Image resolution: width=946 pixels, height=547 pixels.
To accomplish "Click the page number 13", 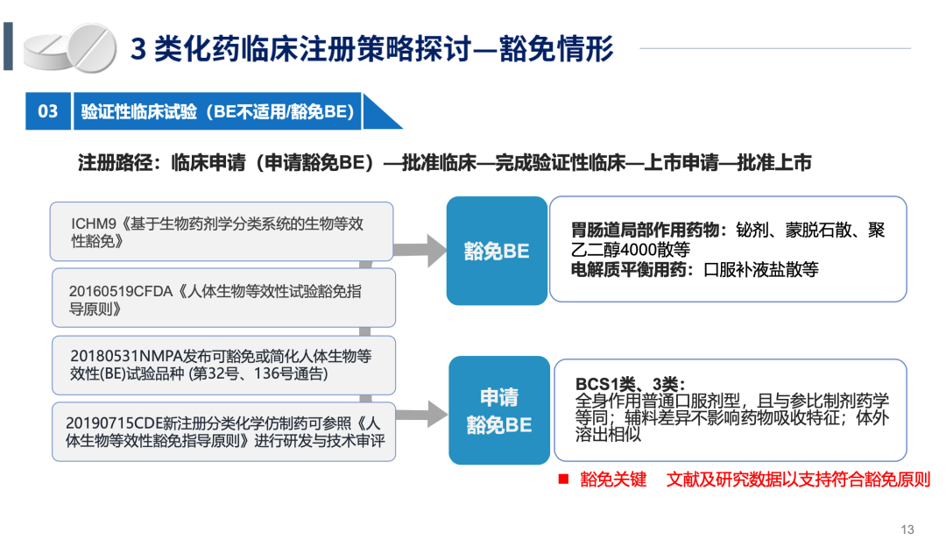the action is click(907, 529).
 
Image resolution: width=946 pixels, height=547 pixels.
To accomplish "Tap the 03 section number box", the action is click(47, 111).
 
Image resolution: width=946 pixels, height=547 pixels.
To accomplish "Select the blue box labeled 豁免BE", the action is click(497, 251).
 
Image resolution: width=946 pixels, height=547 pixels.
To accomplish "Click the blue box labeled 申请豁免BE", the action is click(499, 410).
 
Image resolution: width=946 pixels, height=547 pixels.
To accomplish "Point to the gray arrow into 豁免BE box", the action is click(420, 250).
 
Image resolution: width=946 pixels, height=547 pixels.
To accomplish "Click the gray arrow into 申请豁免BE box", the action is click(421, 414).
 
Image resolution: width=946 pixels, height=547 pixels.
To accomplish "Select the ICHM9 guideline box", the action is click(222, 231).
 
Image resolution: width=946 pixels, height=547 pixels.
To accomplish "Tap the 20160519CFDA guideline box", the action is click(224, 298).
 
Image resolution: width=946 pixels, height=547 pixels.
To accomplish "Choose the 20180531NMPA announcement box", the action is click(224, 366).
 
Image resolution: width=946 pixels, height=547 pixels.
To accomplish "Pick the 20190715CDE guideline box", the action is click(224, 431).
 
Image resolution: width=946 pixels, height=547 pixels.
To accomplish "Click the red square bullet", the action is click(563, 480).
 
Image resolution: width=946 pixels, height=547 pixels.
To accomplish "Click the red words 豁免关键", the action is click(613, 480).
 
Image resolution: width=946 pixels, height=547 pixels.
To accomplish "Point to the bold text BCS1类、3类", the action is click(630, 384).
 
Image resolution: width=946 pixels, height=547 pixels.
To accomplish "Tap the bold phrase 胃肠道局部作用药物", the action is click(650, 230).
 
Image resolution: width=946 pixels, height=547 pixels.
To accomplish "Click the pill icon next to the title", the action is click(70, 47).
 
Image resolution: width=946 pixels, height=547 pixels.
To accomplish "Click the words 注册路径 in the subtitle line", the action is click(116, 162).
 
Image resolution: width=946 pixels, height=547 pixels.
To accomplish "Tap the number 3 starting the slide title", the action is click(138, 49).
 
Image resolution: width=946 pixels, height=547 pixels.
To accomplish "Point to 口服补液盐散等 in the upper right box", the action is click(761, 269).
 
